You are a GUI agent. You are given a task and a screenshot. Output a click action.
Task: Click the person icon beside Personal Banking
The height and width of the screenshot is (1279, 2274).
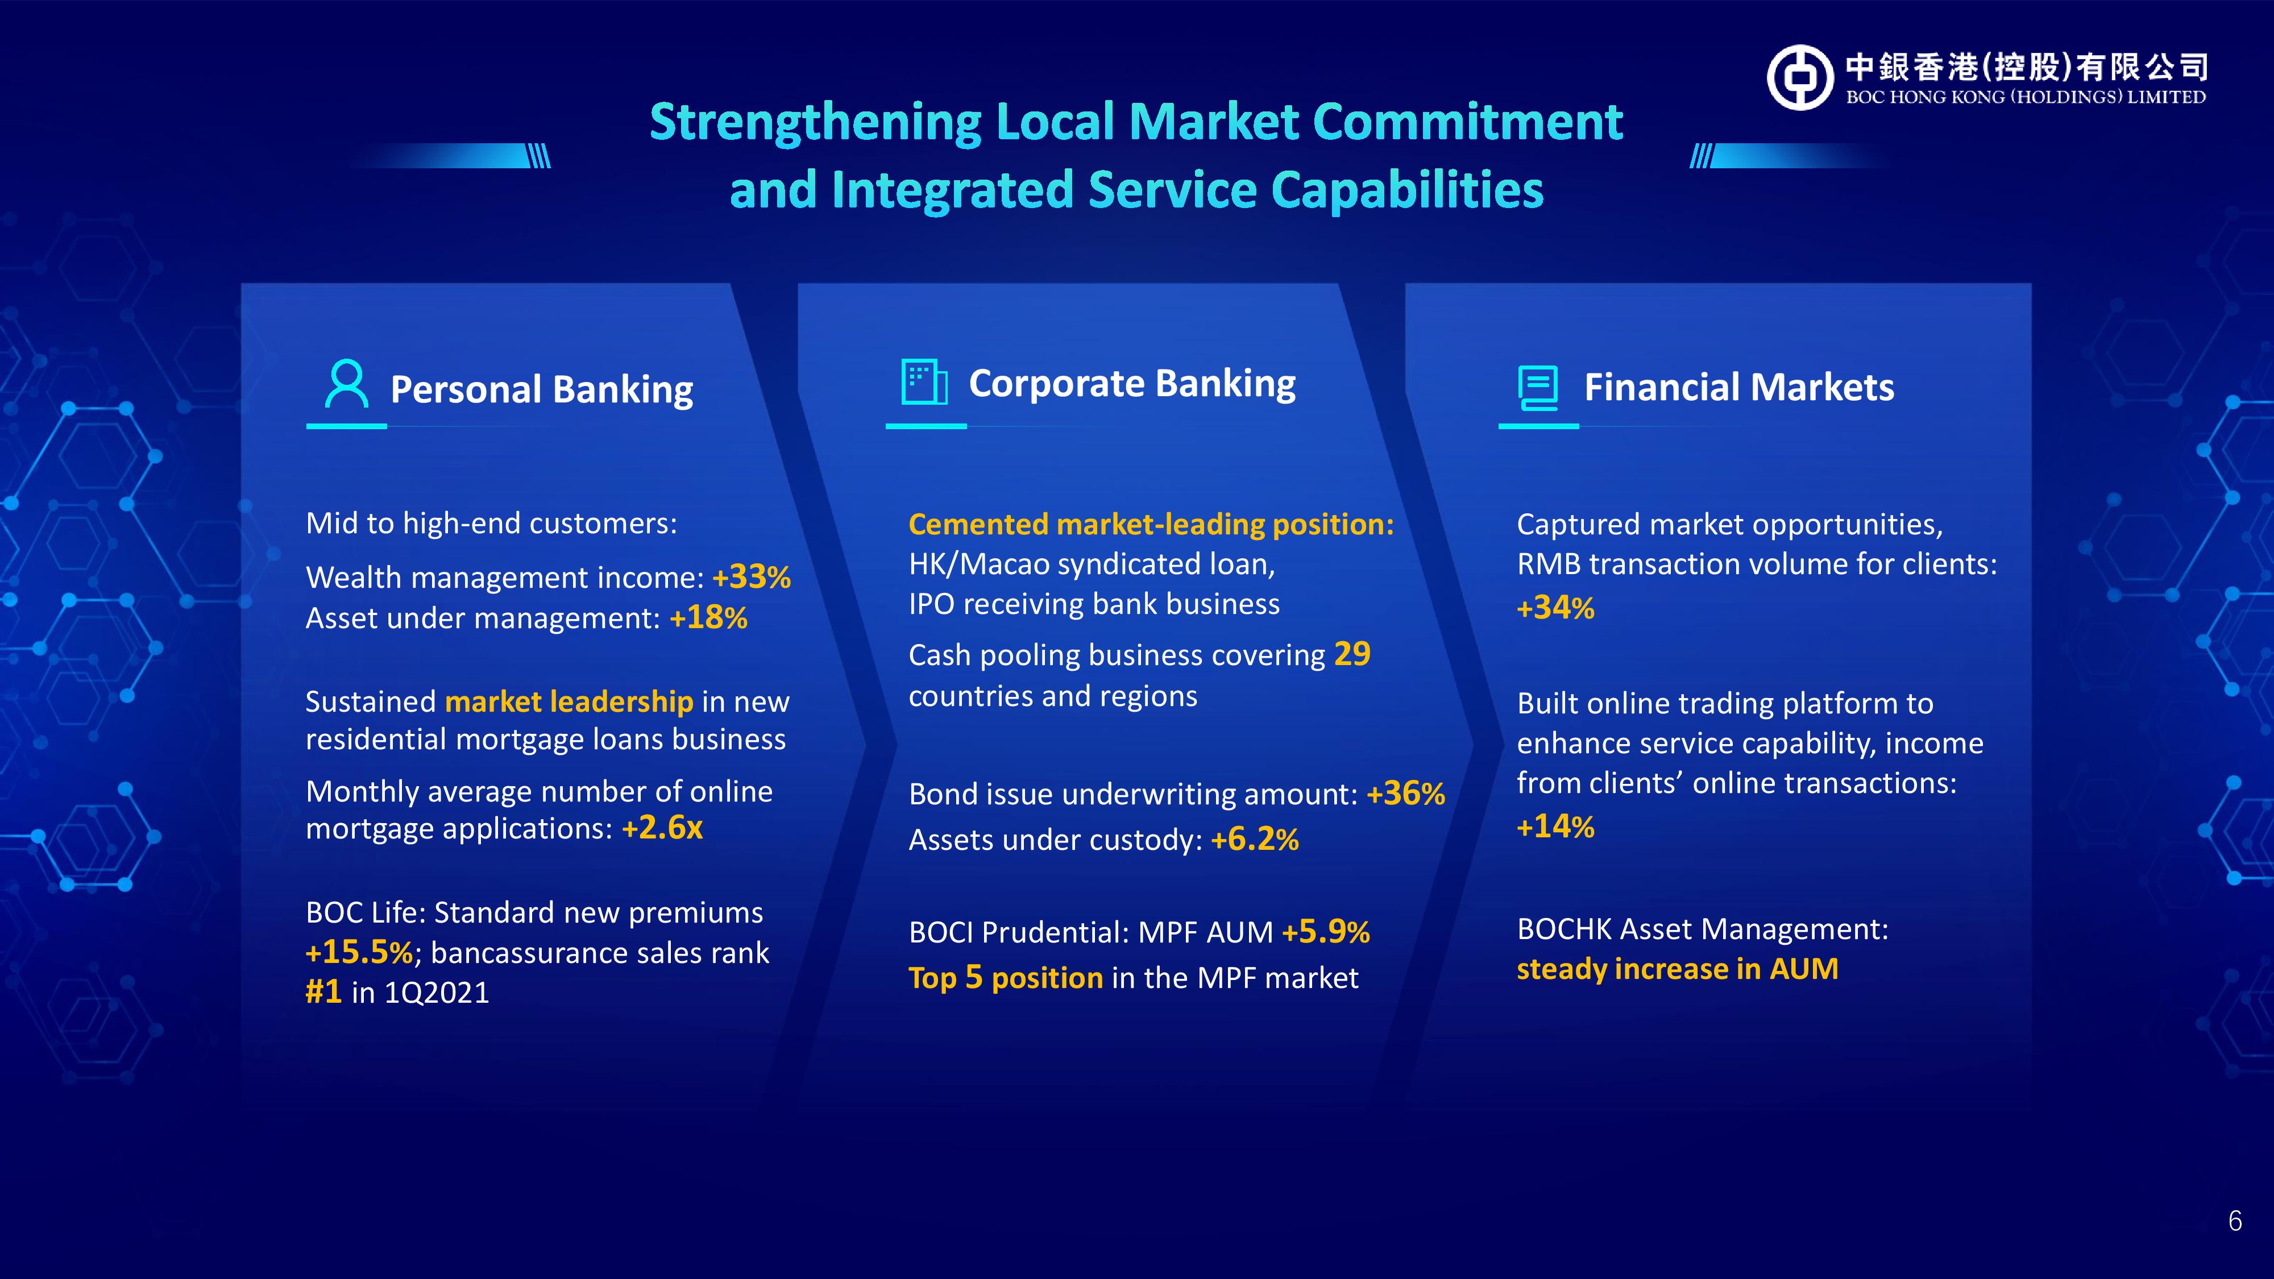tap(346, 383)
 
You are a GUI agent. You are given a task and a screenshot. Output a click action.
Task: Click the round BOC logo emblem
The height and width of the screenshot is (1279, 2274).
tap(1800, 78)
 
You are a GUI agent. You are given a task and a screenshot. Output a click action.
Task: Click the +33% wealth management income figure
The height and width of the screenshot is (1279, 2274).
tap(751, 578)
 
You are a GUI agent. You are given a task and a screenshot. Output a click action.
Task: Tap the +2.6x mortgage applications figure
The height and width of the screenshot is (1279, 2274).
tap(662, 828)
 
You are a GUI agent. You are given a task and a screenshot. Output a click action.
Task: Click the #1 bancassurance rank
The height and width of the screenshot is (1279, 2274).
tap(323, 992)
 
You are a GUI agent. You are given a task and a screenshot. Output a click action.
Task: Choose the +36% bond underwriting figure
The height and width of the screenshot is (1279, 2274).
tap(1405, 794)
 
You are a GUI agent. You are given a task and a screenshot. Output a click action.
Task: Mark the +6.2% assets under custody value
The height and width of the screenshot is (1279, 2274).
tap(1255, 840)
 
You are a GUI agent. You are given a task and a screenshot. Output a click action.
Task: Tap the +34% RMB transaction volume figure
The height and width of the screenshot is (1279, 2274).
tap(1555, 607)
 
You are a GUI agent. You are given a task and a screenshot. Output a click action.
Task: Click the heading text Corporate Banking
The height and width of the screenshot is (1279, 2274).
tap(1132, 384)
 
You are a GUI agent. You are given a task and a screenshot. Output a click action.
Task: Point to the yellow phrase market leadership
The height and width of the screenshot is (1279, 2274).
tap(570, 701)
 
